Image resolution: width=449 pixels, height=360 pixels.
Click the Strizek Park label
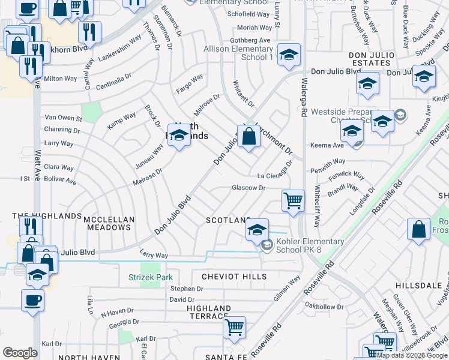pyautogui.click(x=151, y=277)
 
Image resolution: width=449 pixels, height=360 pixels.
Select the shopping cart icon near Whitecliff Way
pyautogui.click(x=293, y=201)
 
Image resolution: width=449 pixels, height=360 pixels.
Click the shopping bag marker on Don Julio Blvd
pyautogui.click(x=249, y=137)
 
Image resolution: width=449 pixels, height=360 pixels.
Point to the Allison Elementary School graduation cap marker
pyautogui.click(x=289, y=55)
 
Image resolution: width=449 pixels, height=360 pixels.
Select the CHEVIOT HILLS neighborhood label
pyautogui.click(x=234, y=277)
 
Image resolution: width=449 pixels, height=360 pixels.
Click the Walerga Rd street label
pyautogui.click(x=304, y=96)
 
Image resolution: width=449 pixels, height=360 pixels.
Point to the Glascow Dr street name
pyautogui.click(x=249, y=188)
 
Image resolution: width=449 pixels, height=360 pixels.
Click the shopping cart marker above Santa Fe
pyautogui.click(x=234, y=328)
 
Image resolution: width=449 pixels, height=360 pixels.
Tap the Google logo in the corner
pyautogui.click(x=20, y=353)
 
